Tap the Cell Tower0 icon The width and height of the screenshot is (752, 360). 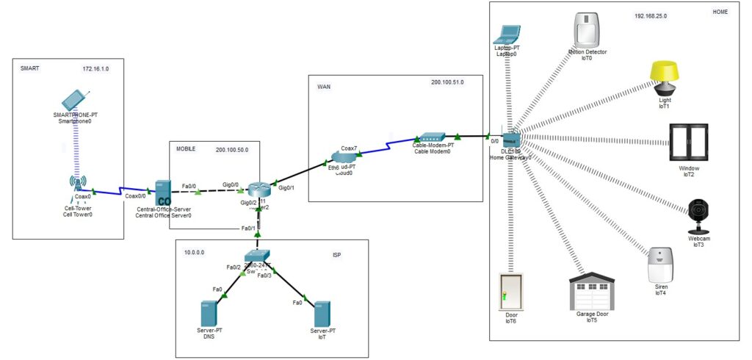[x=77, y=184]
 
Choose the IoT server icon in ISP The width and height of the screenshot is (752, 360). [x=321, y=314]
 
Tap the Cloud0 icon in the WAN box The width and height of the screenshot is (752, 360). [x=344, y=156]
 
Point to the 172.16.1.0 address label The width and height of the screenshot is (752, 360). [x=95, y=68]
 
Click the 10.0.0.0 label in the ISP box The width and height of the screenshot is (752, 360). [x=194, y=252]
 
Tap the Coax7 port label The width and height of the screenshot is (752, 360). [x=349, y=148]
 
